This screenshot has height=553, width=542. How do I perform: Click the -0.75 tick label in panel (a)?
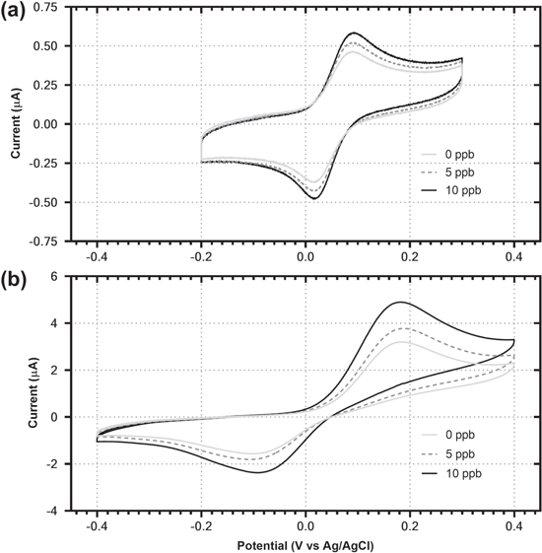(54, 240)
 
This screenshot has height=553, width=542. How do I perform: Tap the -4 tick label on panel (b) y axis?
(61, 510)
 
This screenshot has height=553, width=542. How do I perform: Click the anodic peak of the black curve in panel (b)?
(400, 302)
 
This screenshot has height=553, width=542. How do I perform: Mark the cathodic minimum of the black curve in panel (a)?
(315, 199)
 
